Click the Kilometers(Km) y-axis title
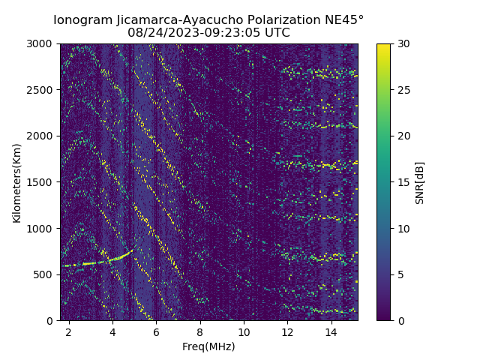16,182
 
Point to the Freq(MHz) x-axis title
208,346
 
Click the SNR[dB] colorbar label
420,182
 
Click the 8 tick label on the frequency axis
200,331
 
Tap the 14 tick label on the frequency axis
331,331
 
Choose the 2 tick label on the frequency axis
69,331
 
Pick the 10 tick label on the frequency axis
244,331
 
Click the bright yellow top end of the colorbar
383,46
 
